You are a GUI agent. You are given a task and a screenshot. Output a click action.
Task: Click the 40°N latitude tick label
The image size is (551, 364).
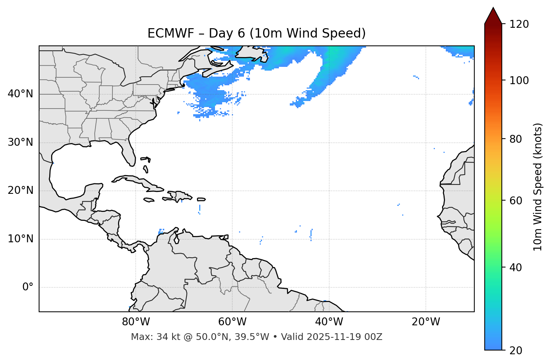coord(20,94)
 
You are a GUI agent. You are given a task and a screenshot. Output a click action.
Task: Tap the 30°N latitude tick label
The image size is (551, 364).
coord(20,142)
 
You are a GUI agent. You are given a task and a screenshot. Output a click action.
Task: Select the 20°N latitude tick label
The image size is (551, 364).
coord(20,190)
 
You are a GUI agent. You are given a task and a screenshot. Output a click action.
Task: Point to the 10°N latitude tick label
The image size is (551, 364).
coord(20,239)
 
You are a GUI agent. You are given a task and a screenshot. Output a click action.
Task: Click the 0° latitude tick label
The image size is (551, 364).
coord(28,287)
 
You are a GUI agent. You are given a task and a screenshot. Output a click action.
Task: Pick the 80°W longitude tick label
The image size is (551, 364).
coord(136,322)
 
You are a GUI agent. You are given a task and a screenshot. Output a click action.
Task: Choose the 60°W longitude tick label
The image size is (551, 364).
coord(232,322)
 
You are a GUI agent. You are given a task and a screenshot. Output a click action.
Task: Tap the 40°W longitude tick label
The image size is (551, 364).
coord(329,322)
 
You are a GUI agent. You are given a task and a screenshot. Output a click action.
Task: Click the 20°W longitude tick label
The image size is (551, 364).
coord(426,322)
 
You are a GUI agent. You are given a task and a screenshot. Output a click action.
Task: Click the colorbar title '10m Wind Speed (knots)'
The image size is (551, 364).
coord(538,187)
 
